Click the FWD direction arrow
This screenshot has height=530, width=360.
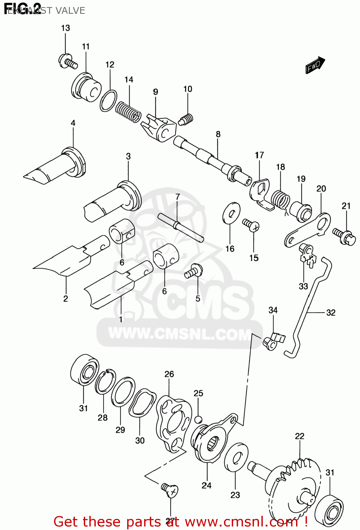tap(315, 65)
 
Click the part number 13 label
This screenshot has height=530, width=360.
tap(66, 28)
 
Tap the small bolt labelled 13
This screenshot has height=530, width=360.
tap(68, 61)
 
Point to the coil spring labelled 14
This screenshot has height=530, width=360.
tap(128, 111)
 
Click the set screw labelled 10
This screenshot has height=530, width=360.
tap(186, 120)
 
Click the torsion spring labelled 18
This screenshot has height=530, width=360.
tap(281, 200)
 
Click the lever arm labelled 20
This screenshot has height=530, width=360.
tap(308, 230)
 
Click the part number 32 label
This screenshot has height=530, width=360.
tap(331, 312)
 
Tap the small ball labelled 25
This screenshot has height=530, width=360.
tap(198, 419)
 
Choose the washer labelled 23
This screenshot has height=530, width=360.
tap(236, 457)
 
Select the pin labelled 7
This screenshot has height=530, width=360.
tap(181, 228)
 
